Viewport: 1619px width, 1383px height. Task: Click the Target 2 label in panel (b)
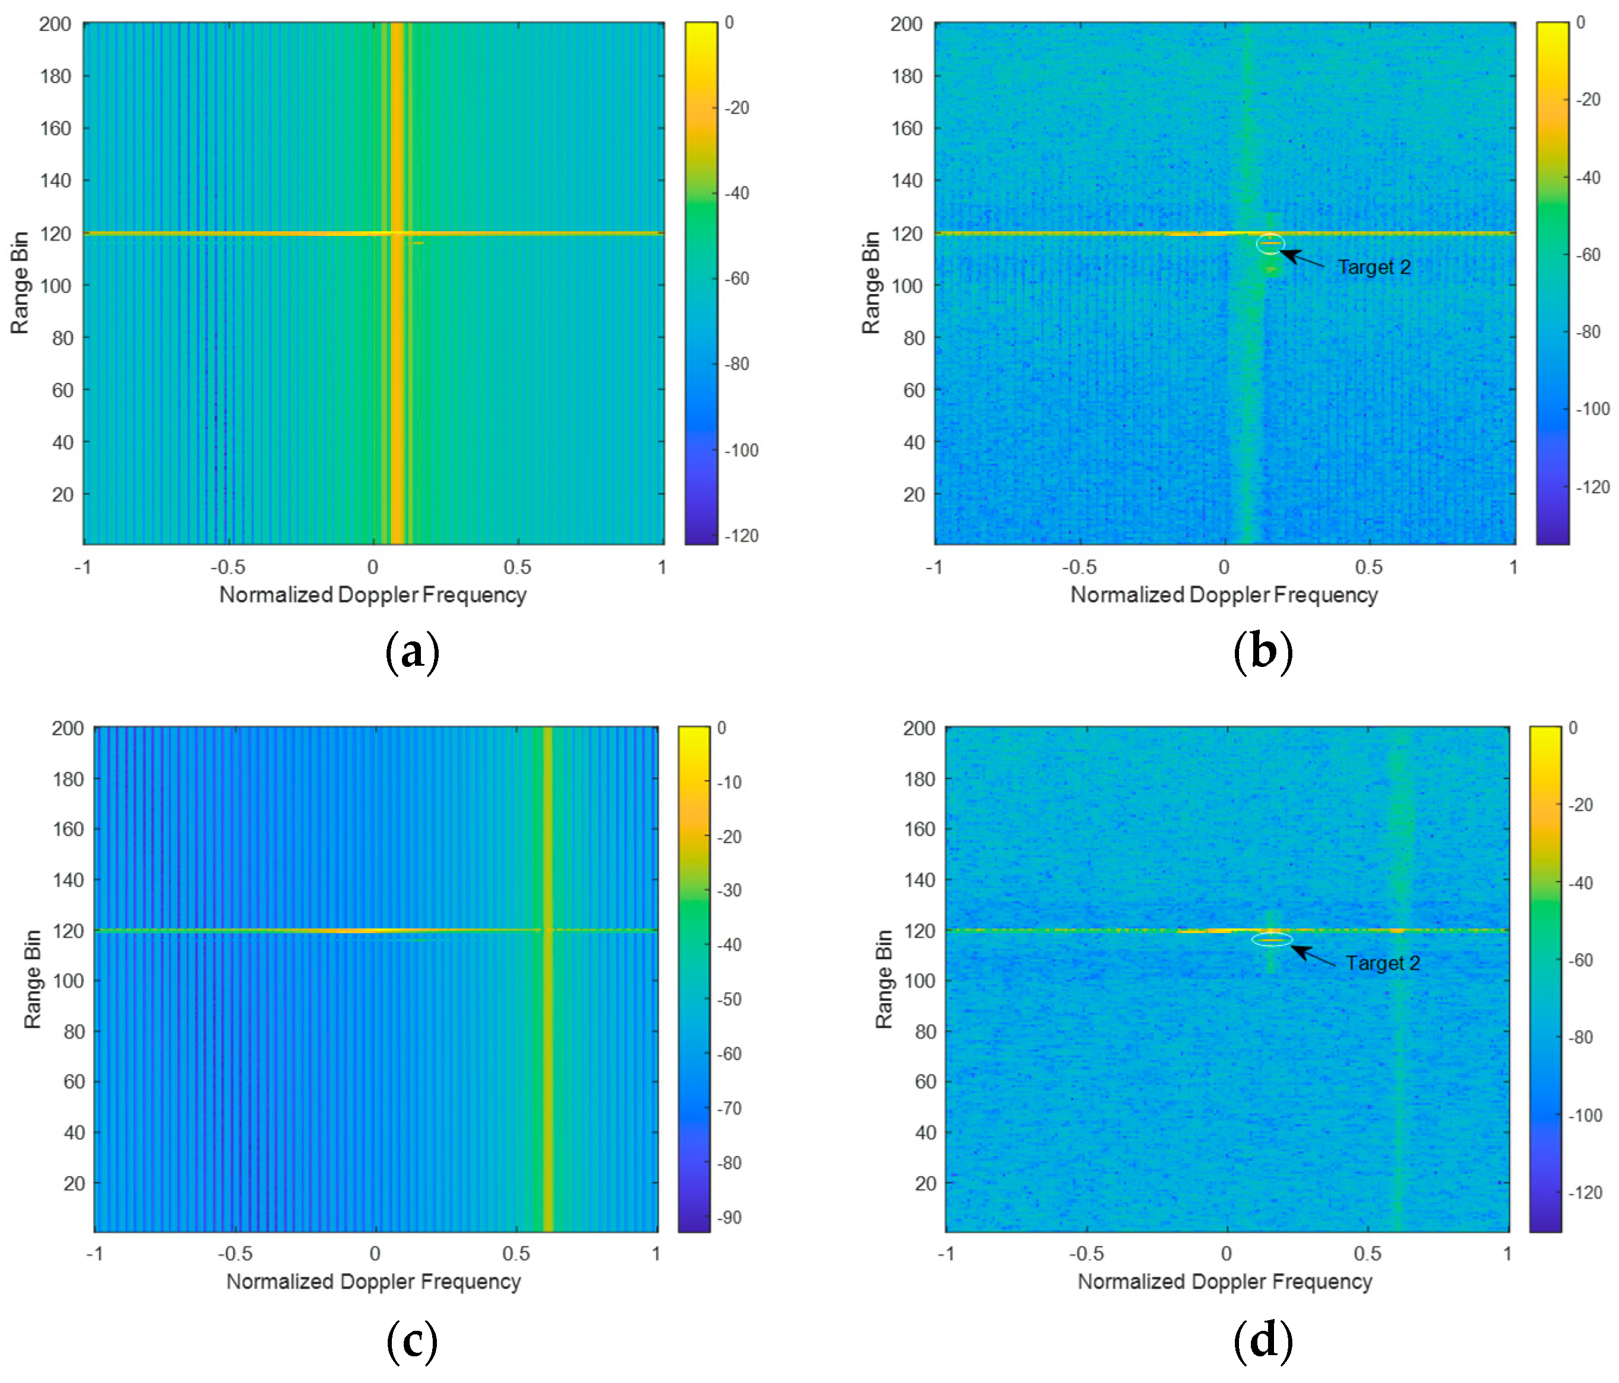(1374, 267)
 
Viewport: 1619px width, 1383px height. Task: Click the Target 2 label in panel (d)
(1382, 963)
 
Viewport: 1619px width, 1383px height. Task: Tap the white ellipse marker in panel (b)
(1270, 244)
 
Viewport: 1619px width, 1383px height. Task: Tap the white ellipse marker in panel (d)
(1271, 939)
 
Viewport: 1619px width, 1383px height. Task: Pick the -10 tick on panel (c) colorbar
(729, 782)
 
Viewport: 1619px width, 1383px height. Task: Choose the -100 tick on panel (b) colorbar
(1592, 408)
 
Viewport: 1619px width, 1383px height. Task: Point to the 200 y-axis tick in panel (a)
(56, 24)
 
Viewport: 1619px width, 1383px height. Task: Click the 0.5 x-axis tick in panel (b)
(1368, 567)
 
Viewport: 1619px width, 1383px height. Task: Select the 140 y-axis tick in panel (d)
(919, 880)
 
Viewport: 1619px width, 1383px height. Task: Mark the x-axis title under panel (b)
(1224, 595)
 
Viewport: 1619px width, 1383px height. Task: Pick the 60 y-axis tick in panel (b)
(914, 390)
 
